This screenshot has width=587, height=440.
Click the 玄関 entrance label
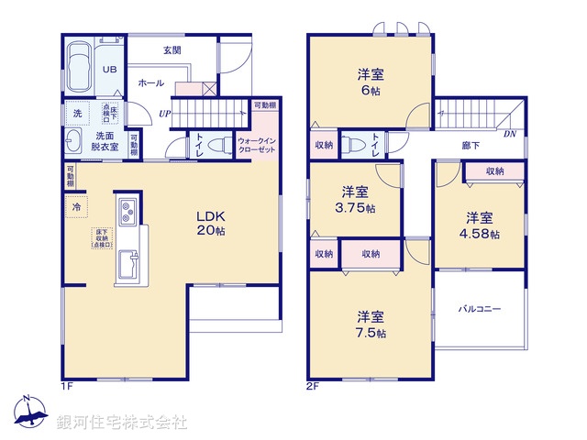tap(172, 49)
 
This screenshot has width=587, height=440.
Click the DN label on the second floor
tap(509, 134)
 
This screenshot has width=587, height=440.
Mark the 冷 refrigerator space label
tap(75, 208)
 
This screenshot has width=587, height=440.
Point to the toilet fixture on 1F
tap(218, 145)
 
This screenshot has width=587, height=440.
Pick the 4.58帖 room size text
tap(481, 234)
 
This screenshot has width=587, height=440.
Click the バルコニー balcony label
tap(479, 310)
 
